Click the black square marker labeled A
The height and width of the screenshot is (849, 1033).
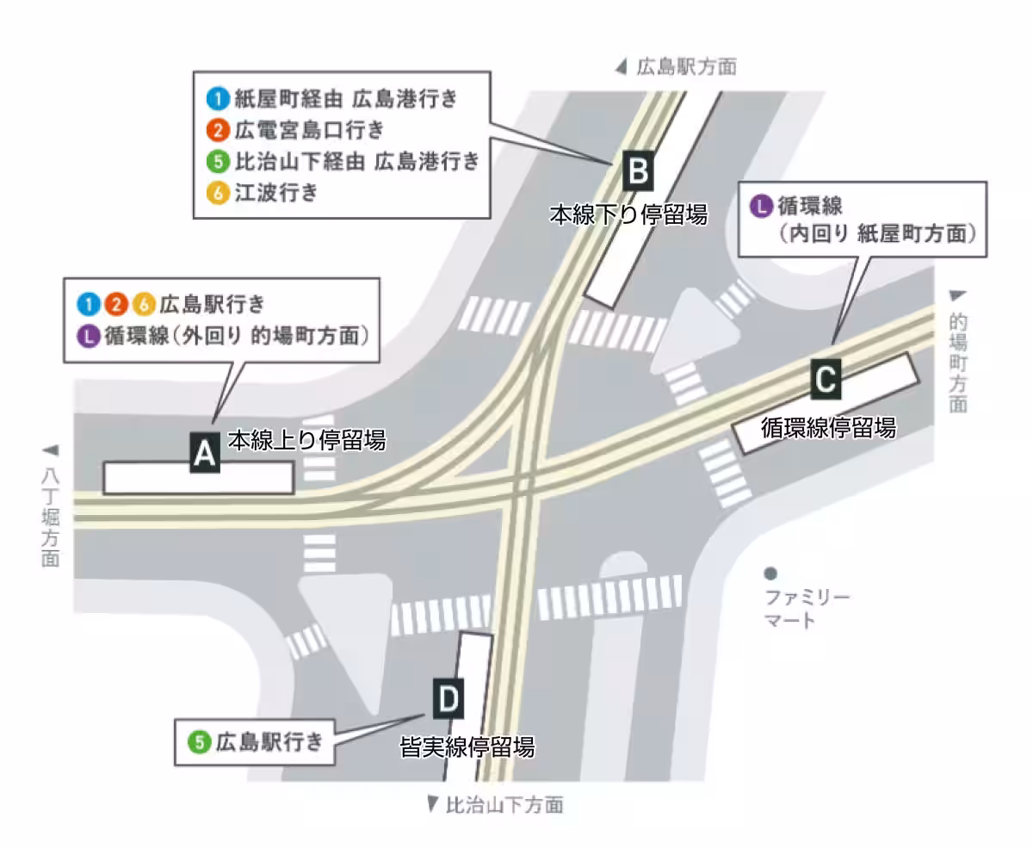(x=204, y=451)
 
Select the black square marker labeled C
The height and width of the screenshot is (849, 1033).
(x=826, y=380)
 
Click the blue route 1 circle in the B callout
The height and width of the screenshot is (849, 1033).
(x=219, y=98)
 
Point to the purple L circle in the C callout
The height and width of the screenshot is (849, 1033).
(x=761, y=206)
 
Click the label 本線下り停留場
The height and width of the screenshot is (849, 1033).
(x=628, y=214)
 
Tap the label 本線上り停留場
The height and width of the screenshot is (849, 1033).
(x=306, y=441)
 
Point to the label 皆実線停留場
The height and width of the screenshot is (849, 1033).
(x=467, y=747)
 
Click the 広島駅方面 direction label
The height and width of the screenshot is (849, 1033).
(x=686, y=66)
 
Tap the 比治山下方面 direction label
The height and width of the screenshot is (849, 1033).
(x=504, y=805)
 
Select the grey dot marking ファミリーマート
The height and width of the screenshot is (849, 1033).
(x=770, y=573)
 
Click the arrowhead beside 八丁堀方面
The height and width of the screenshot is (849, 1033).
(x=50, y=449)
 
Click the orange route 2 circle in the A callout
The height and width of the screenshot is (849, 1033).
(x=116, y=304)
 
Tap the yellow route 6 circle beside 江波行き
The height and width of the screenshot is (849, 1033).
(x=219, y=193)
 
